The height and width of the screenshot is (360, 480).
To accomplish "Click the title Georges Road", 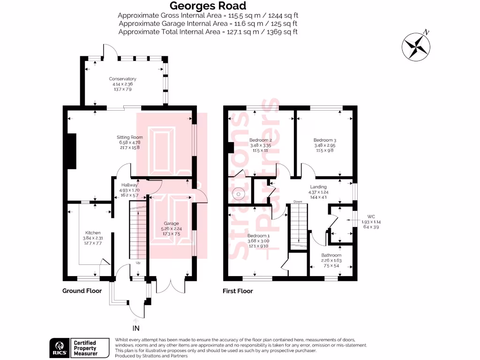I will (x=208, y=6).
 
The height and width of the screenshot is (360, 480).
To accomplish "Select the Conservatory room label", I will (x=123, y=79).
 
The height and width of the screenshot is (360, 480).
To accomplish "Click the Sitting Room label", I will (x=129, y=137).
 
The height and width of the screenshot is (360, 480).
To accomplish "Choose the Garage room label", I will (x=171, y=224).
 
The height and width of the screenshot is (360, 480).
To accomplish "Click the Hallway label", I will (x=129, y=185).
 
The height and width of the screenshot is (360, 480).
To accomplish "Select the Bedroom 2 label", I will (x=261, y=140).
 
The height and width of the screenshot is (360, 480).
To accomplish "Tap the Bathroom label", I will (x=331, y=255).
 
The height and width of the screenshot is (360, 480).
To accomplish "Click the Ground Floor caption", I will (x=82, y=291).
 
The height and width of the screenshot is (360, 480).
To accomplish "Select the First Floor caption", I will (x=238, y=291).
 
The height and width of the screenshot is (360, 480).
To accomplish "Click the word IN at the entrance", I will (x=136, y=328).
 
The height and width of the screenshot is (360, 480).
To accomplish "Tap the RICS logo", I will (x=58, y=347).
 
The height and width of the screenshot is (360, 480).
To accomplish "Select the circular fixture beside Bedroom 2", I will (x=240, y=192).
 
